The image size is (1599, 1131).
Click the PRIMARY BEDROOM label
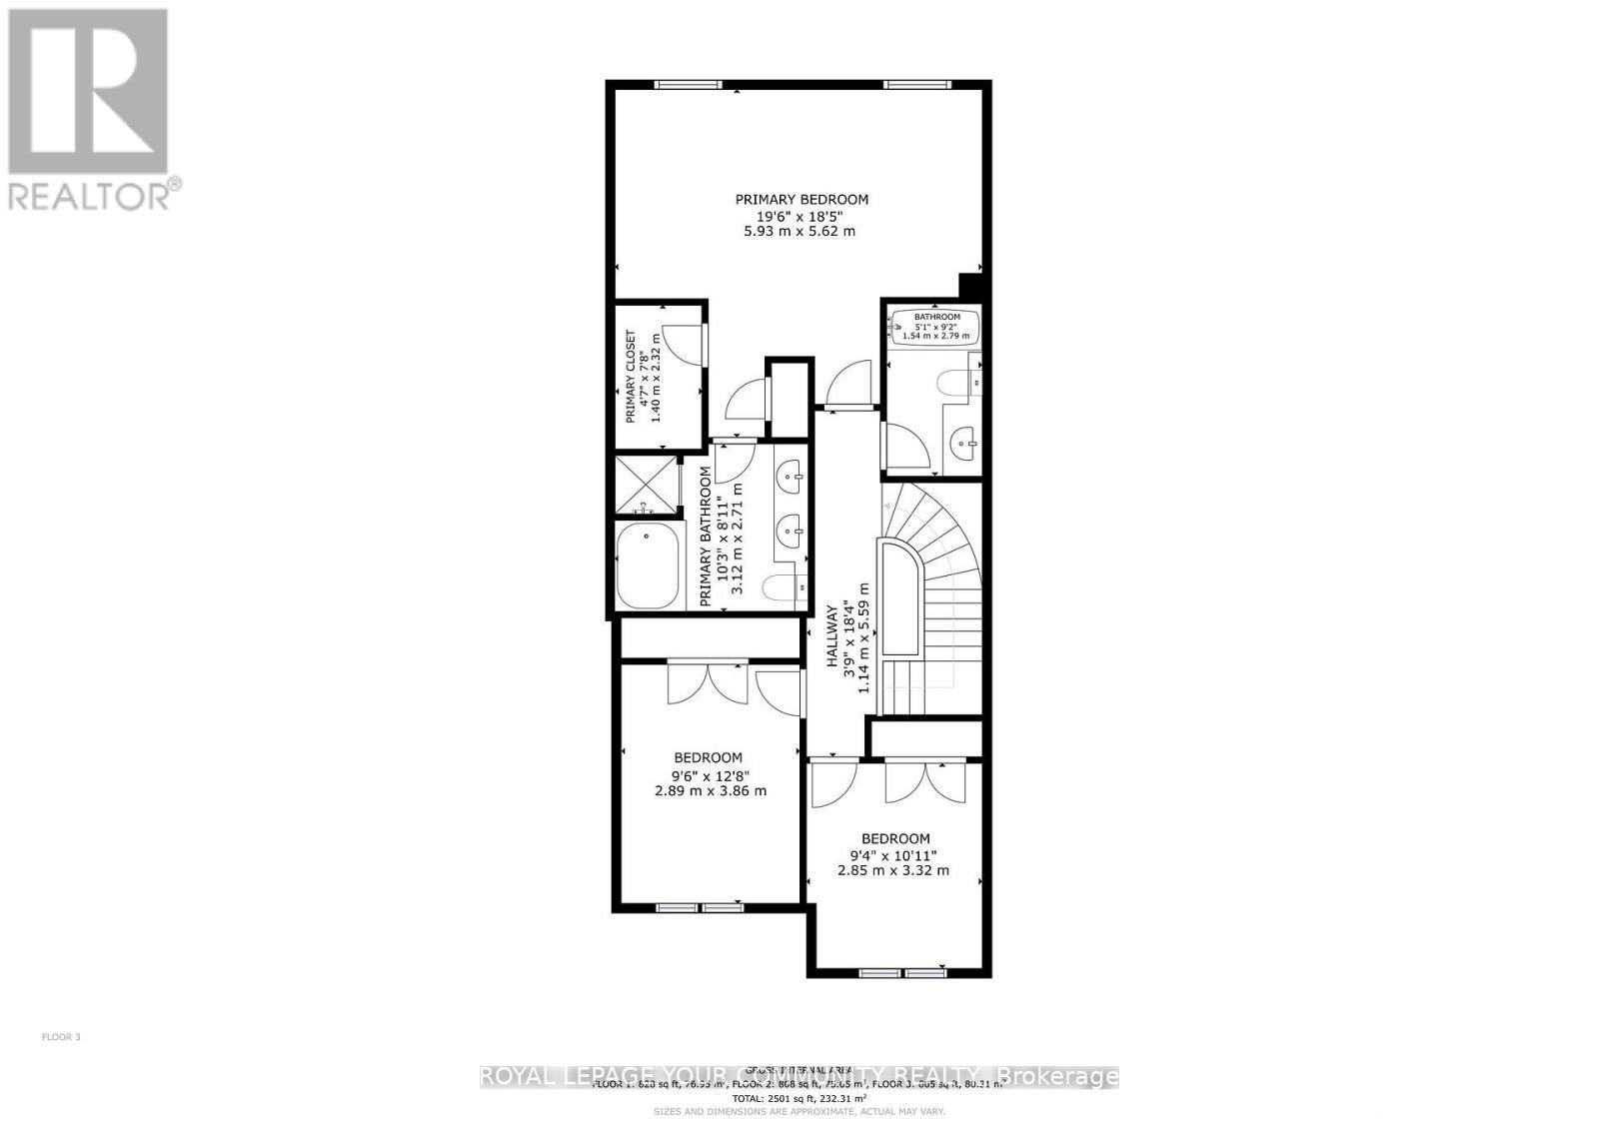[x=801, y=199]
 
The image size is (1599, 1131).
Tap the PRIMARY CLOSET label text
[x=632, y=377]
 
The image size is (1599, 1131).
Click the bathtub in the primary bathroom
[x=647, y=566]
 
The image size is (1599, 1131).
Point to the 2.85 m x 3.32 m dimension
[x=893, y=870]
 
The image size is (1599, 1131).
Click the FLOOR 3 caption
[x=61, y=1037]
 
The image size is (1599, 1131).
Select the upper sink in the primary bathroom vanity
[x=791, y=477]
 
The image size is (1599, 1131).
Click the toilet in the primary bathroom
[x=786, y=589]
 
